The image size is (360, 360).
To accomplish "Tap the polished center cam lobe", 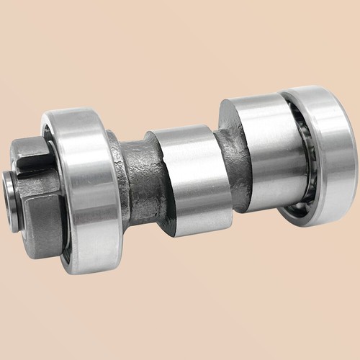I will coord(189,180).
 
